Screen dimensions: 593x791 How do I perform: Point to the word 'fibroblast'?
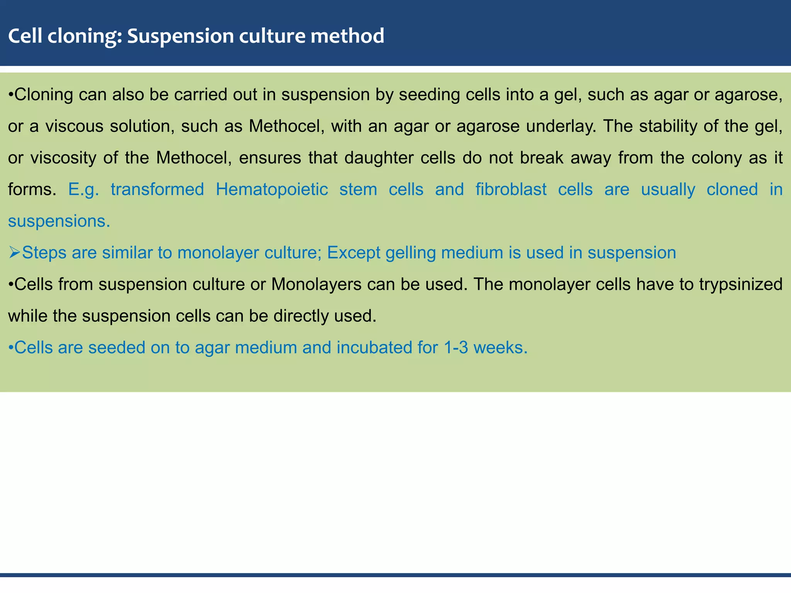coord(511,189)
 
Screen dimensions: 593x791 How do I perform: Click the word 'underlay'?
coord(561,126)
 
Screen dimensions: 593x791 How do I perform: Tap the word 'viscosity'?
coord(63,158)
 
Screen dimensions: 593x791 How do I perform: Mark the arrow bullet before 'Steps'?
coord(14,253)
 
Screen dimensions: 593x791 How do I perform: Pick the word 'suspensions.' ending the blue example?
coord(59,221)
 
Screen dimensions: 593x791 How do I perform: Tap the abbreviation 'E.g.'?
coord(83,190)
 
